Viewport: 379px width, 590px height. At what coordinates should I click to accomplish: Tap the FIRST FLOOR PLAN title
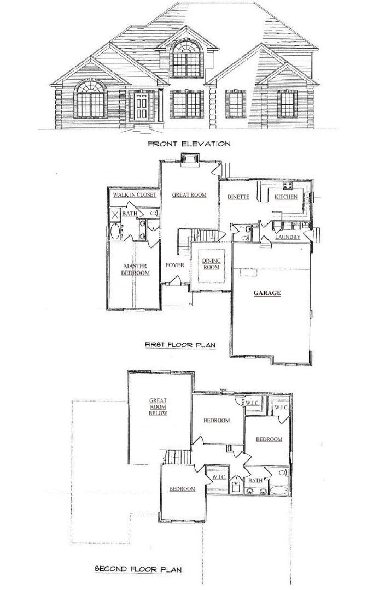(x=180, y=345)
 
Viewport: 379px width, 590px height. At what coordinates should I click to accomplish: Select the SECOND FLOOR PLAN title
(x=138, y=569)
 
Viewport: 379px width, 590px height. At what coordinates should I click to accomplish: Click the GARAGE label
(x=267, y=293)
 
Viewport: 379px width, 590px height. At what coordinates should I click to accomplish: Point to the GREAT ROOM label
(x=189, y=195)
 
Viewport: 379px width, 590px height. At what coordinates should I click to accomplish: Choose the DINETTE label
(x=238, y=197)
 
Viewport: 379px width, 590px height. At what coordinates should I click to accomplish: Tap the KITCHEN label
(x=285, y=197)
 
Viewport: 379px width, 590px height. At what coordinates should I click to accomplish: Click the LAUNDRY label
(x=288, y=237)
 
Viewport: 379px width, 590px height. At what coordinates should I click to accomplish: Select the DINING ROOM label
(x=211, y=264)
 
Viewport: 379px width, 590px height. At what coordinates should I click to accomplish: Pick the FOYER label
(x=175, y=265)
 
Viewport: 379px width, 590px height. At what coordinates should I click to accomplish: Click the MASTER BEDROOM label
(x=135, y=270)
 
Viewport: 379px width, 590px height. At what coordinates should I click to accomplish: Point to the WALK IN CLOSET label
(x=135, y=195)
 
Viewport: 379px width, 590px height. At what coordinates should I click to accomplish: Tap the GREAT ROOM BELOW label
(x=158, y=407)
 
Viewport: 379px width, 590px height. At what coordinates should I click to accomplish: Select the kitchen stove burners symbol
(x=288, y=185)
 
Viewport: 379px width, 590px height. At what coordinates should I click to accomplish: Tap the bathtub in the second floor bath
(x=278, y=490)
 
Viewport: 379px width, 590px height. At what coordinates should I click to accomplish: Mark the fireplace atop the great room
(x=189, y=160)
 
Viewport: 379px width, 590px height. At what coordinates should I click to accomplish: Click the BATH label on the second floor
(x=255, y=481)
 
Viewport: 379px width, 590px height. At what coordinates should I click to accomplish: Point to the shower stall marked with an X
(x=114, y=215)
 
